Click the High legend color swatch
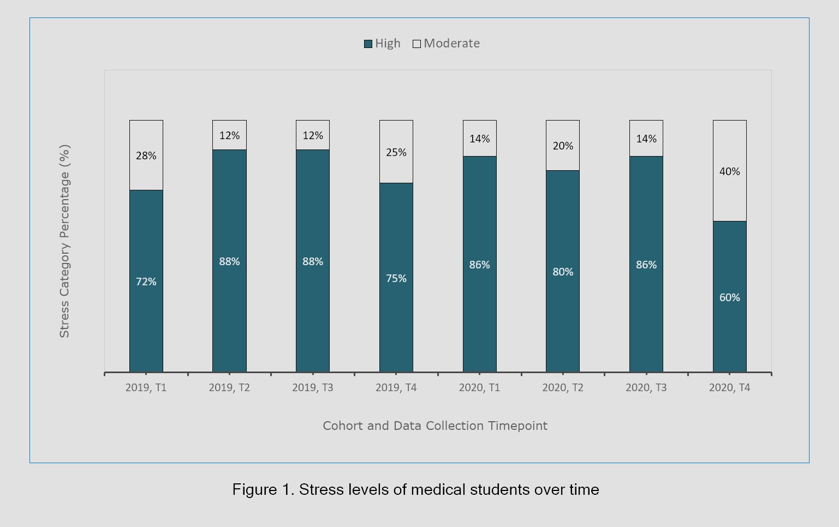(368, 44)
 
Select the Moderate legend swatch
(416, 44)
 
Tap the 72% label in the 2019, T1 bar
(146, 282)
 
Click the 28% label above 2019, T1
(146, 155)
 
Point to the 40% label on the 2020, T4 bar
(729, 171)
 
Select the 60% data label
(729, 297)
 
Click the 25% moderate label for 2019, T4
(396, 152)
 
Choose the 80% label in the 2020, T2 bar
(563, 272)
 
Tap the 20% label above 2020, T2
(563, 146)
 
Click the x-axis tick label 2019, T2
(229, 388)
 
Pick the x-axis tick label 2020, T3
(646, 388)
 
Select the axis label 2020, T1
(479, 388)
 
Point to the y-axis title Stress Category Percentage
(64, 241)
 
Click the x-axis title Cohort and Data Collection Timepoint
(435, 426)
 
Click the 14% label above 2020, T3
(646, 139)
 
